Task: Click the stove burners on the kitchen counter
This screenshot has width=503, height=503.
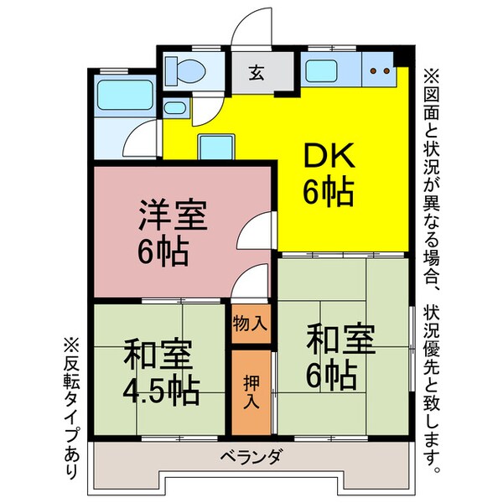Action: (380, 71)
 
